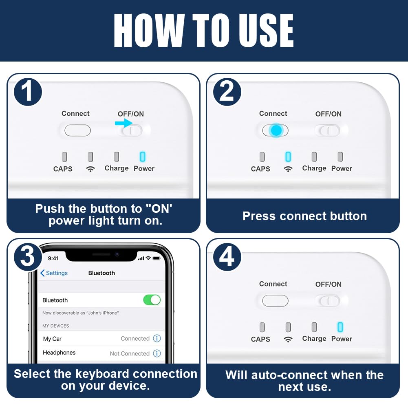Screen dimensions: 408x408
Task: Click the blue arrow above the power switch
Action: click(x=124, y=123)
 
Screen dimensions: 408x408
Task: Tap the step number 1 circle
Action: click(x=28, y=92)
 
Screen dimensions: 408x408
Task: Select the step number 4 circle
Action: click(x=227, y=257)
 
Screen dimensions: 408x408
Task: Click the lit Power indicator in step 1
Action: click(x=143, y=157)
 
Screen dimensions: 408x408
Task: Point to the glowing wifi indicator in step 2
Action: click(x=288, y=157)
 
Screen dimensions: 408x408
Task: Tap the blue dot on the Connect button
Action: click(x=276, y=130)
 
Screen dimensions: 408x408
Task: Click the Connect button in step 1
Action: click(x=77, y=130)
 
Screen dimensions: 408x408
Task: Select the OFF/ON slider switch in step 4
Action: click(x=329, y=301)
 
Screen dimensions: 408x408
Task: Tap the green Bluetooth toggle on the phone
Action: click(x=152, y=300)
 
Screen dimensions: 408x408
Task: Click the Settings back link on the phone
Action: click(x=54, y=273)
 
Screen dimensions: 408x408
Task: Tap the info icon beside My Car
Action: click(x=157, y=338)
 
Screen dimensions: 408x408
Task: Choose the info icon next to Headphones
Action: click(x=157, y=353)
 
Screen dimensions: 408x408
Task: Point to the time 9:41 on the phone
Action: click(x=53, y=258)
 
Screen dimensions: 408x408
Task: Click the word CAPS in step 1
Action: click(x=63, y=169)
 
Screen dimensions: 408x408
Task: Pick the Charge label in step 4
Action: click(x=314, y=339)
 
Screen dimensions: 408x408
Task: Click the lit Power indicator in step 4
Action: click(x=340, y=327)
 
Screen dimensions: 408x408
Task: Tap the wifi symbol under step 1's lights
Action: click(x=90, y=169)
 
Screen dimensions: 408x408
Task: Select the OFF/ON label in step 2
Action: click(x=329, y=114)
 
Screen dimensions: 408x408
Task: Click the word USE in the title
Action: click(x=269, y=31)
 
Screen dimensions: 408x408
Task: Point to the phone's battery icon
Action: click(x=157, y=258)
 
